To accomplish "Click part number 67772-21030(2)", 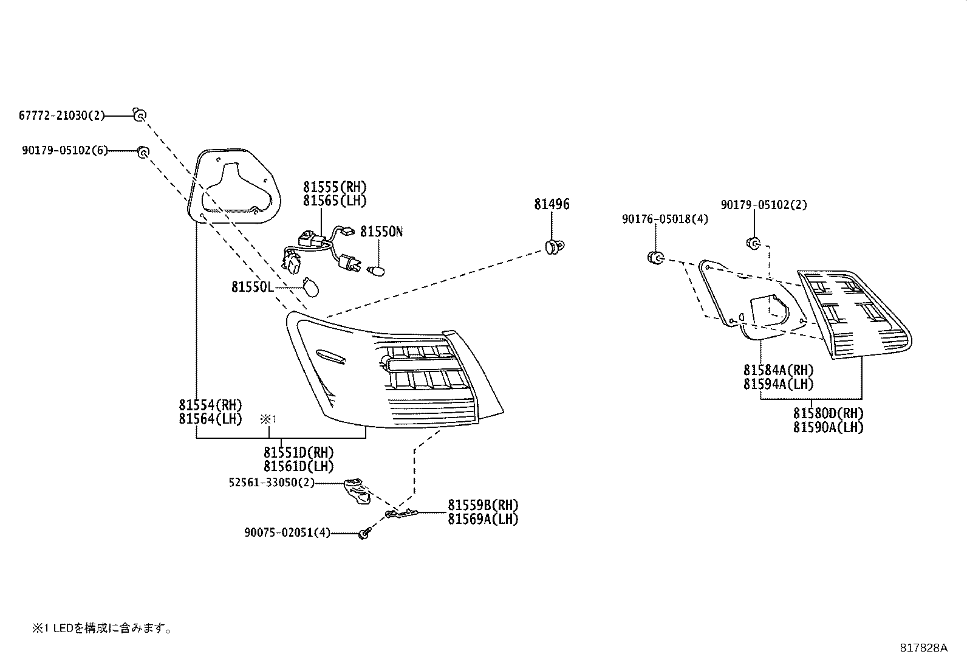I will coord(62,115).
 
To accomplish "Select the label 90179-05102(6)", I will coord(65,151).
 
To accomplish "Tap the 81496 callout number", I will coord(552,204).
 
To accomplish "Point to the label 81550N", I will coord(381,232).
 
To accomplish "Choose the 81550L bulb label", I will coord(253,286).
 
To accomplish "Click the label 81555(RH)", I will coord(335,187).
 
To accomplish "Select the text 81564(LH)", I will coord(210,419).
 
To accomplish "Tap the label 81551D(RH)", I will coord(299,453).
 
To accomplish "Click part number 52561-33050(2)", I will coord(272,483).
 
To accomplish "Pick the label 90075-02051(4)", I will coord(287,533).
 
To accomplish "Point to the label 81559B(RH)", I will coord(483,505).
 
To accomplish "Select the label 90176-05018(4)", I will coord(665,219).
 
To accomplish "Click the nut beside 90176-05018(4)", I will coord(655,258).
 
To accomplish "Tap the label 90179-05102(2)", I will coord(764,205).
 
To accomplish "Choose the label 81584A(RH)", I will coord(778,370).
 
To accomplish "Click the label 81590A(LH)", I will coord(828,427).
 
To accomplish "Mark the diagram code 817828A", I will coord(923,647).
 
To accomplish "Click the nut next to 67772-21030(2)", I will coord(140,114).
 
